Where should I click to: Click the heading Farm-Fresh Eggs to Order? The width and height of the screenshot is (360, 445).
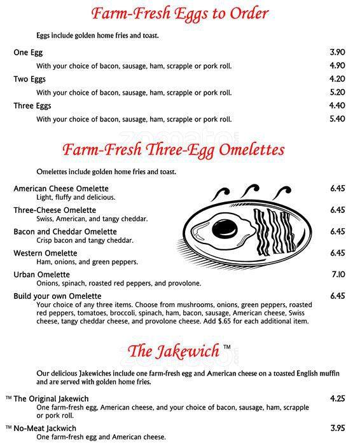[179, 13]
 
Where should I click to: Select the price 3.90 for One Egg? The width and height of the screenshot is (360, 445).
[337, 52]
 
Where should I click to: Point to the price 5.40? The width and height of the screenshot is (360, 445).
[337, 119]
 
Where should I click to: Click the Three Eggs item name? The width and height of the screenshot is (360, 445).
[32, 106]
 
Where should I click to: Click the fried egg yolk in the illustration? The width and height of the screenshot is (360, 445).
[225, 226]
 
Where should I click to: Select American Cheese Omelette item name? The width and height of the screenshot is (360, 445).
[61, 189]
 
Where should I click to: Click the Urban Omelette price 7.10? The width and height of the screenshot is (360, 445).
[337, 275]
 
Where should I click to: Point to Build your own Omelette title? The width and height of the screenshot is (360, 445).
[57, 296]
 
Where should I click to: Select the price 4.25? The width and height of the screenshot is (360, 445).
[337, 399]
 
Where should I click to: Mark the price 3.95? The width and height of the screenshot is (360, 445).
[337, 428]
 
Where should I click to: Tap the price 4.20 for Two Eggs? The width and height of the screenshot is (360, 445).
[337, 79]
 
